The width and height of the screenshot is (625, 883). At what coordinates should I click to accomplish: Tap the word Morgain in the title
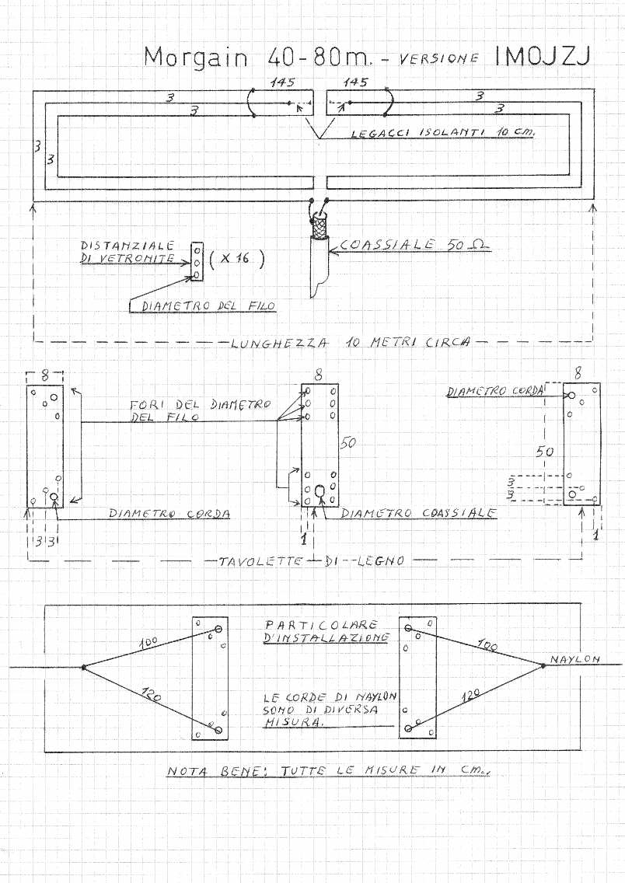point(196,58)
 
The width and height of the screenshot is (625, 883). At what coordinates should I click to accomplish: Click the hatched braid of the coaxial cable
point(319,226)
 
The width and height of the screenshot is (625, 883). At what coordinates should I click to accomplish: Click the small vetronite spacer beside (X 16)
point(197,263)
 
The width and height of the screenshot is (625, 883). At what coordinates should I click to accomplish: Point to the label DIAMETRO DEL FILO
point(208,306)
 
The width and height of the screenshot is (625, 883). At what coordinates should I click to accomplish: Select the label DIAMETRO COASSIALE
point(418,513)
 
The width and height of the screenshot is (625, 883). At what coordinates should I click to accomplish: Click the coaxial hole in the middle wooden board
point(319,491)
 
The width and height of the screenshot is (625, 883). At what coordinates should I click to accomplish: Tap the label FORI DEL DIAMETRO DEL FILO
point(200,410)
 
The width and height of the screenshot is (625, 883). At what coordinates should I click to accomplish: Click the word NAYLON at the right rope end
point(575,659)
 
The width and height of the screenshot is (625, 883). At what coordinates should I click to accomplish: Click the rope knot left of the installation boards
point(83,667)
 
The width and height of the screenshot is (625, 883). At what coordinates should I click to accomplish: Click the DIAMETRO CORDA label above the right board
point(494,392)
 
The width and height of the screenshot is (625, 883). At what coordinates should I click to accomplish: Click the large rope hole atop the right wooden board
point(571,396)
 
